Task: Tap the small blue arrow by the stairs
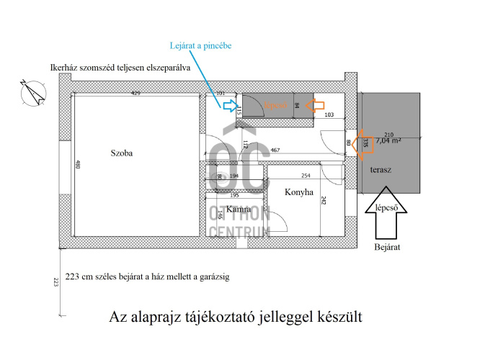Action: tap(229, 107)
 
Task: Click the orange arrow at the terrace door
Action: tap(362, 142)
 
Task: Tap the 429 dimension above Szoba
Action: tap(135, 94)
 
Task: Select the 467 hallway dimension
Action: tap(275, 150)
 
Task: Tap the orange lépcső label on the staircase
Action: tap(276, 105)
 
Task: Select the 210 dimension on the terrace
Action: tap(388, 135)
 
